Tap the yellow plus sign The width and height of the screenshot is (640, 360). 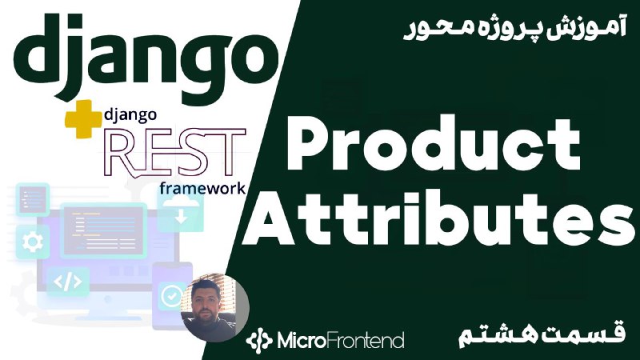83,119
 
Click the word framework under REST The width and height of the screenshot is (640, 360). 202,188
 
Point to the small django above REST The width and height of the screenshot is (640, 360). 130,116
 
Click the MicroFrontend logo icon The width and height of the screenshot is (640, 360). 258,339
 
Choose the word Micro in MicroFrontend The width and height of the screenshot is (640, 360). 302,340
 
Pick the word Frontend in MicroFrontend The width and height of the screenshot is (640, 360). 365,340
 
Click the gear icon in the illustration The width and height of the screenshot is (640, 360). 33,242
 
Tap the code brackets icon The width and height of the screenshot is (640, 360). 68,282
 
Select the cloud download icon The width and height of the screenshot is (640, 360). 181,211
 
